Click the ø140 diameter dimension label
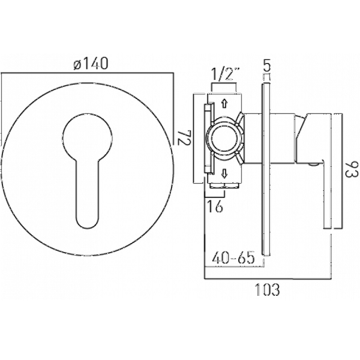click(x=91, y=64)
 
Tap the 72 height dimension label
click(x=184, y=137)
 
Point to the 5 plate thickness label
click(x=267, y=65)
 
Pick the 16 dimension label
click(x=215, y=206)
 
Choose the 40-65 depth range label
click(x=233, y=257)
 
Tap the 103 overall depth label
click(x=268, y=290)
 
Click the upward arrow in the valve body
click(x=224, y=104)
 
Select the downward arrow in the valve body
click(x=224, y=173)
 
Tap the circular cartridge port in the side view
click(x=224, y=139)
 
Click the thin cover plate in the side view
click(x=266, y=169)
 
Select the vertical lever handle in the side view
click(x=328, y=171)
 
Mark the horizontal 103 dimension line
click(x=268, y=279)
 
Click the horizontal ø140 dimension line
click(x=87, y=73)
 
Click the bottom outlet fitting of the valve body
click(x=224, y=185)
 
